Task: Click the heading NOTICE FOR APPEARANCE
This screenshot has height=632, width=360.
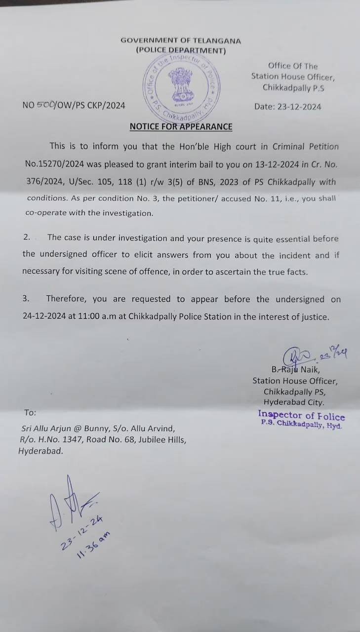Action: (x=181, y=126)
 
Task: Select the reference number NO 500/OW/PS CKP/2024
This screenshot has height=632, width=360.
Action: (x=74, y=105)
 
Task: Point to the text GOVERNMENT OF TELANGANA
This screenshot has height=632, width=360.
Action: (x=181, y=41)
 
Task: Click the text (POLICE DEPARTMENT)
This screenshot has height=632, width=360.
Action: (x=181, y=50)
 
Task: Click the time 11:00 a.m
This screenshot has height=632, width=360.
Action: (x=97, y=317)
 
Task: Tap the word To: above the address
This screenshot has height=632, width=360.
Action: (x=30, y=413)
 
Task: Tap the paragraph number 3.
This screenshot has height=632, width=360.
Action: (x=26, y=299)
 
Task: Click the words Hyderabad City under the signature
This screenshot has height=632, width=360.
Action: (x=294, y=402)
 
